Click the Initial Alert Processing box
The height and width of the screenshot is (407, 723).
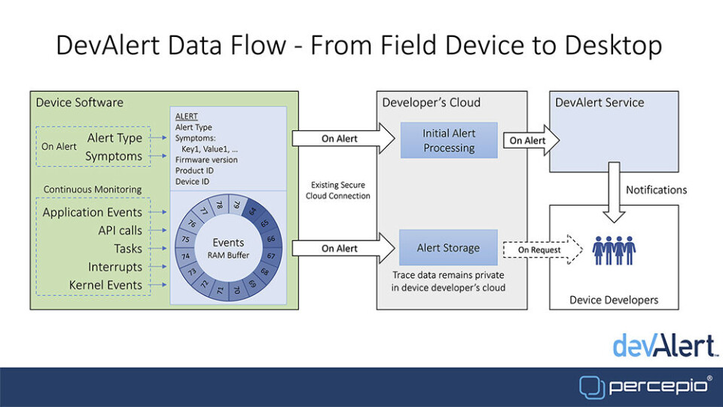pyautogui.click(x=449, y=140)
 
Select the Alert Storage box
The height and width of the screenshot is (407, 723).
pyautogui.click(x=448, y=247)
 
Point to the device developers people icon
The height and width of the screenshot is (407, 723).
pyautogui.click(x=614, y=251)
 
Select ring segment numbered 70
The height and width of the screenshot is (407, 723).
pyautogui.click(x=236, y=289)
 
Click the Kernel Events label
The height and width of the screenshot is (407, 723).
pyautogui.click(x=105, y=285)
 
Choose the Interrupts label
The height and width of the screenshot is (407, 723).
pyautogui.click(x=115, y=267)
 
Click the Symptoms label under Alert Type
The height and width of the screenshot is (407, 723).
pyautogui.click(x=113, y=156)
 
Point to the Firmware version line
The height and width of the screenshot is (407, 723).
pyautogui.click(x=206, y=160)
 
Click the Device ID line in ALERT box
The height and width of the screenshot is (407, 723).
pyautogui.click(x=192, y=181)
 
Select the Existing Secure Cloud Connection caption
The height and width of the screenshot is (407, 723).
pyautogui.click(x=339, y=191)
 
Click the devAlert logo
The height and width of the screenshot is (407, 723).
pyautogui.click(x=663, y=345)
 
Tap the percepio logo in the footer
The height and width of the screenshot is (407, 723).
pyautogui.click(x=645, y=386)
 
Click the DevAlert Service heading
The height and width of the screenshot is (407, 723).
pyautogui.click(x=599, y=103)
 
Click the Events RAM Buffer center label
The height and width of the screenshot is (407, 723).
pyautogui.click(x=228, y=248)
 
